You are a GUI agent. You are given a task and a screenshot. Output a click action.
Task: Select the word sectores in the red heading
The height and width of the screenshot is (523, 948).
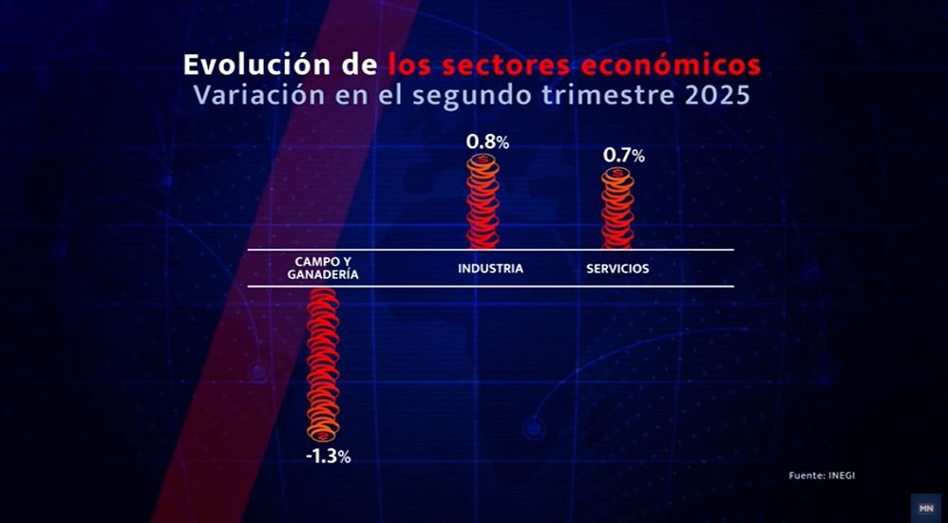pyautogui.click(x=503, y=65)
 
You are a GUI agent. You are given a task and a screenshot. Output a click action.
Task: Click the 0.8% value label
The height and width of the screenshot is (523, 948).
pyautogui.click(x=487, y=142)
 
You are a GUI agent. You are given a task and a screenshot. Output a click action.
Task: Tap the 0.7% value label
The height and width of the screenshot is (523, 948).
pyautogui.click(x=624, y=156)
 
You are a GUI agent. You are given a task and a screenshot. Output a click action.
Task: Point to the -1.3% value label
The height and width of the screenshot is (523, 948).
pyautogui.click(x=329, y=457)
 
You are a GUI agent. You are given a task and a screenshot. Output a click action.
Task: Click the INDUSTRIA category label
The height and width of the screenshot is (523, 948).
pyautogui.click(x=490, y=269)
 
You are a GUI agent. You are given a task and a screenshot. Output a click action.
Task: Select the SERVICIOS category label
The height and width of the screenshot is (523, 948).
pyautogui.click(x=617, y=269)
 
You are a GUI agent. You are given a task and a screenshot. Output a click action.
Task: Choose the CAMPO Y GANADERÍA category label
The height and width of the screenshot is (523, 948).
pyautogui.click(x=323, y=268)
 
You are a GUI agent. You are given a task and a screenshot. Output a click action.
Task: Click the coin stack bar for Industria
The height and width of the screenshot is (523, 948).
pyautogui.click(x=483, y=201)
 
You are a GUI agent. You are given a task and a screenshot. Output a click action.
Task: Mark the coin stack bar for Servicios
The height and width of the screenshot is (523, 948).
pyautogui.click(x=617, y=208)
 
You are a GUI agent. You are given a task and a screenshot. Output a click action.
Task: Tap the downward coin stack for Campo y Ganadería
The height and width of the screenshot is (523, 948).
pyautogui.click(x=323, y=364)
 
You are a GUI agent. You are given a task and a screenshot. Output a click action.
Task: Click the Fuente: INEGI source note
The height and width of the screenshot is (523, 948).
pyautogui.click(x=822, y=476)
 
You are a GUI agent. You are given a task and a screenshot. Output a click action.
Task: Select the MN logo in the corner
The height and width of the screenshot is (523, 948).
pyautogui.click(x=925, y=508)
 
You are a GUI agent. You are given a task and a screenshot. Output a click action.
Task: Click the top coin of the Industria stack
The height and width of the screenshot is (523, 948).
pyautogui.click(x=483, y=160)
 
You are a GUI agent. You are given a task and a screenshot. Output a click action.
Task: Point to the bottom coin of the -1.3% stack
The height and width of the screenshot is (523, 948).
pyautogui.click(x=323, y=434)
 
